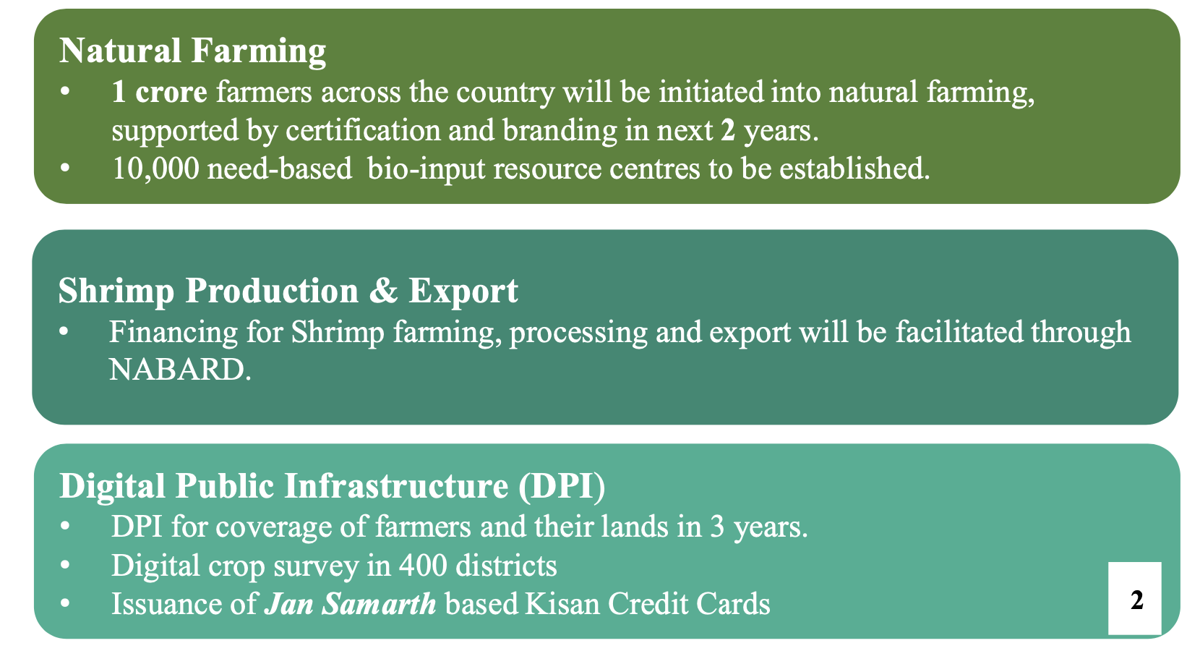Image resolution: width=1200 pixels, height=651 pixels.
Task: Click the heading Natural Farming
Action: coord(192,51)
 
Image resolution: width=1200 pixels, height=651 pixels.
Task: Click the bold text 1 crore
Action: coord(159,92)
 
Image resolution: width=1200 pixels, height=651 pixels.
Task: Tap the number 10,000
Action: coord(156,169)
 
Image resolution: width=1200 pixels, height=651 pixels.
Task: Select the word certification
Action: coord(363,130)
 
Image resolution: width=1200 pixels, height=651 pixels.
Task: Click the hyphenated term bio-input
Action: coord(426,169)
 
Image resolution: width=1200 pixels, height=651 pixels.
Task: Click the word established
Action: coord(854,169)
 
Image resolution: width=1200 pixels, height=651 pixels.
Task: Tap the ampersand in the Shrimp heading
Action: coord(383,291)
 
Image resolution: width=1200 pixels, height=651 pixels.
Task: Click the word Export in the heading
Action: coord(463,292)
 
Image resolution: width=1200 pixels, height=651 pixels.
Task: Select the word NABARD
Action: coord(180,370)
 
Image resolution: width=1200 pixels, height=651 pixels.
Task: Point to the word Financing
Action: coord(173,333)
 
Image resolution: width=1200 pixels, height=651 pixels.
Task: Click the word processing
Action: coord(578,333)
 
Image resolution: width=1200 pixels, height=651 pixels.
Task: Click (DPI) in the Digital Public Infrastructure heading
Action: coord(562,486)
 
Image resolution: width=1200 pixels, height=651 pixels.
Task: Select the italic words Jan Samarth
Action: coord(351,604)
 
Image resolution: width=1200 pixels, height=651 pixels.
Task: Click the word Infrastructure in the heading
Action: coord(396,486)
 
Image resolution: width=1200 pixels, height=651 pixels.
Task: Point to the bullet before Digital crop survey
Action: coord(65,565)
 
